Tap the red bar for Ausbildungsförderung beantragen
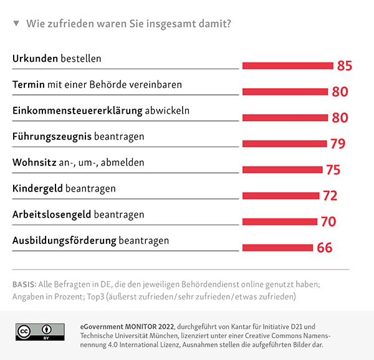point(277,247)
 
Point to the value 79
point(338,144)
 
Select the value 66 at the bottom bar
point(324,248)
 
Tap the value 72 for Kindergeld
point(330,196)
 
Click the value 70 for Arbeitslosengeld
point(328,221)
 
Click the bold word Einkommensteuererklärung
point(77,110)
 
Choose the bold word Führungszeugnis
point(52,136)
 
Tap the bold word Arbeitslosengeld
point(52,214)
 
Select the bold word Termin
point(27,84)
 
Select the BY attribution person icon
point(46,329)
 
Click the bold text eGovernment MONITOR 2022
point(128,326)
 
